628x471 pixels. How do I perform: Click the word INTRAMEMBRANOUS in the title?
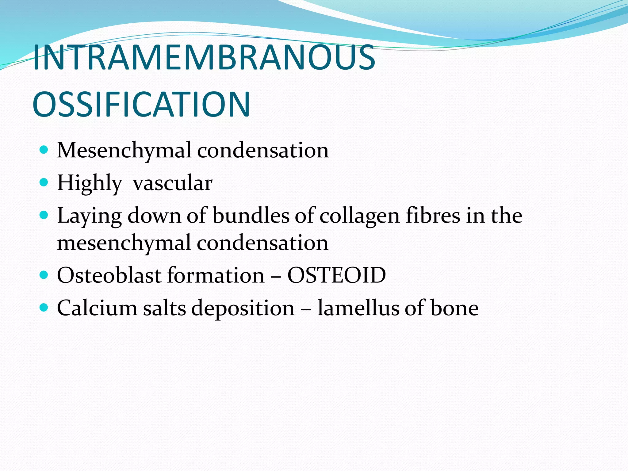point(204,57)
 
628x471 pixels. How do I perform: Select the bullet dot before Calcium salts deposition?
point(44,307)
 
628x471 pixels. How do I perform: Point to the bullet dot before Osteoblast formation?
point(44,274)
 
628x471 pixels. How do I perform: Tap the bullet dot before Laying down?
point(44,215)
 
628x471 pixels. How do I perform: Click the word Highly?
point(90,183)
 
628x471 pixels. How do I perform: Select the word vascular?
point(172,183)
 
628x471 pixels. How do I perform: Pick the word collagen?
point(360,216)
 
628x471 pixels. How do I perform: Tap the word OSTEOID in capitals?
point(336,275)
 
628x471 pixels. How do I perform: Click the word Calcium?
point(97,308)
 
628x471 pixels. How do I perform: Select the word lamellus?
point(358,308)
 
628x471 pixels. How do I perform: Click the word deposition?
point(243,308)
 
